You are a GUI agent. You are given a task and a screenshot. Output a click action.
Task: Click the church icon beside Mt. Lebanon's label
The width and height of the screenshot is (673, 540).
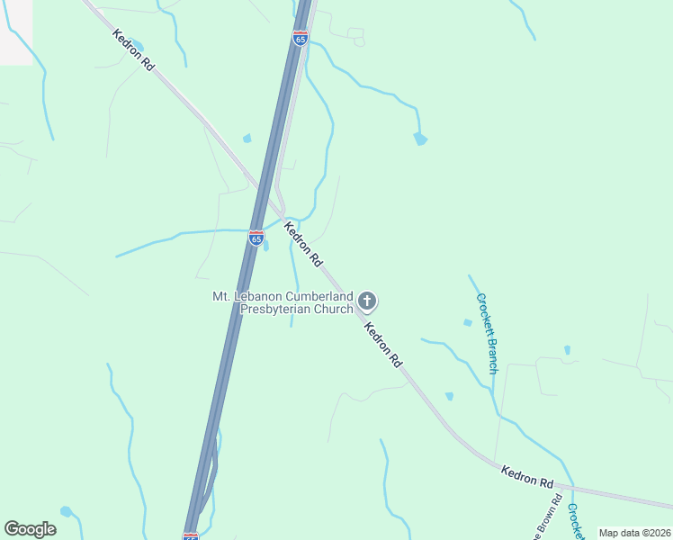(x=366, y=301)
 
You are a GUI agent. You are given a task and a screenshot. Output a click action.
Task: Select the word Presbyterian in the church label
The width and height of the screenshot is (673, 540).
(x=274, y=309)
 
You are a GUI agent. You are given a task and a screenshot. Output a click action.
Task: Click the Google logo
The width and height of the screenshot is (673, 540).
(x=30, y=529)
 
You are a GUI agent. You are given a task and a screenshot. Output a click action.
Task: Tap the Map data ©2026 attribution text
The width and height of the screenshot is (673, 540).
(x=634, y=533)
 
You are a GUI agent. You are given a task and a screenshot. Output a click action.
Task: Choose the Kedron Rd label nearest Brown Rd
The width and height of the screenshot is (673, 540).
(x=527, y=476)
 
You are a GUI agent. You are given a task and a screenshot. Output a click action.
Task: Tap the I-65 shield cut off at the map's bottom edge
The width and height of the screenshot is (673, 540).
(x=190, y=536)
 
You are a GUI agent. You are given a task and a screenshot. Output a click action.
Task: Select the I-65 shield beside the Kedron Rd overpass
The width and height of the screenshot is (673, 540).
(x=256, y=238)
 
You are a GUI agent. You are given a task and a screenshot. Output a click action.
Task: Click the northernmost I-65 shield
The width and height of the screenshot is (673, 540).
(x=301, y=38)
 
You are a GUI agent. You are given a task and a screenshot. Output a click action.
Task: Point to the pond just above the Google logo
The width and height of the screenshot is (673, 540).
(x=66, y=511)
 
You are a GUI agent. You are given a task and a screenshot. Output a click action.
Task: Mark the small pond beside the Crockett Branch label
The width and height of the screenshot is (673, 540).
(x=467, y=322)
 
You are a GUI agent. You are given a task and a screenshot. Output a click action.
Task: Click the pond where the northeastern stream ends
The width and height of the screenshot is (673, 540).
(x=419, y=139)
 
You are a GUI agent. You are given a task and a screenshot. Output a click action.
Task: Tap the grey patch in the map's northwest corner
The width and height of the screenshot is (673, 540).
(x=16, y=31)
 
